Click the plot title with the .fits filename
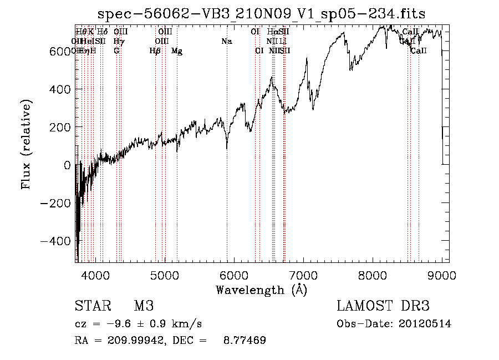point(261,14)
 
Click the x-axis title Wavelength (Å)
point(261,290)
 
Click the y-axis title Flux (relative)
point(27,144)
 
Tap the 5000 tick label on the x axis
point(165,275)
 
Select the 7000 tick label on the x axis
point(303,275)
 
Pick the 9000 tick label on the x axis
point(442,275)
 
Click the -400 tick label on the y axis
point(56,241)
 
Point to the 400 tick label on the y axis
point(60,89)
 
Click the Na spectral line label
point(226,42)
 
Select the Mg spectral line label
point(177,51)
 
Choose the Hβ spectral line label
point(155,51)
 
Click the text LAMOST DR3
point(383,306)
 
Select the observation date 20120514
point(425,324)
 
